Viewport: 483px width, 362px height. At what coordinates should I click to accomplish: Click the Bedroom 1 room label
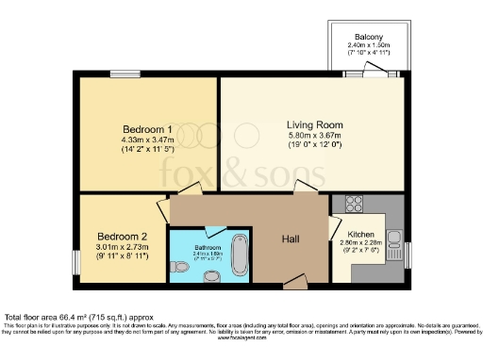pyautogui.click(x=147, y=128)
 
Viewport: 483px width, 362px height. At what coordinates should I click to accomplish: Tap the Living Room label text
pyautogui.click(x=315, y=123)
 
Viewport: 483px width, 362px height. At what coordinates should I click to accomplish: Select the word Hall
pyautogui.click(x=292, y=239)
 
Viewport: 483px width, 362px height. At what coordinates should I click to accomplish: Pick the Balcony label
pyautogui.click(x=368, y=36)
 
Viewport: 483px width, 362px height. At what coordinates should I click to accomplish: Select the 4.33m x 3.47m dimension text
pyautogui.click(x=147, y=140)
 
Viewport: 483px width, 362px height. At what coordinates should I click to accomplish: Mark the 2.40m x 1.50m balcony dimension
pyautogui.click(x=368, y=45)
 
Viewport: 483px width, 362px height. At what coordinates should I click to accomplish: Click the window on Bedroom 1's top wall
pyautogui.click(x=123, y=74)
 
